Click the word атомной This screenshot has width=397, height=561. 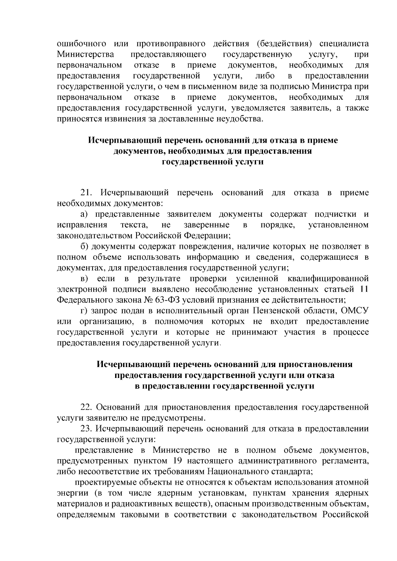[x=354, y=482]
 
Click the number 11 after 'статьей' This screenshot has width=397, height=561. [x=364, y=289]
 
